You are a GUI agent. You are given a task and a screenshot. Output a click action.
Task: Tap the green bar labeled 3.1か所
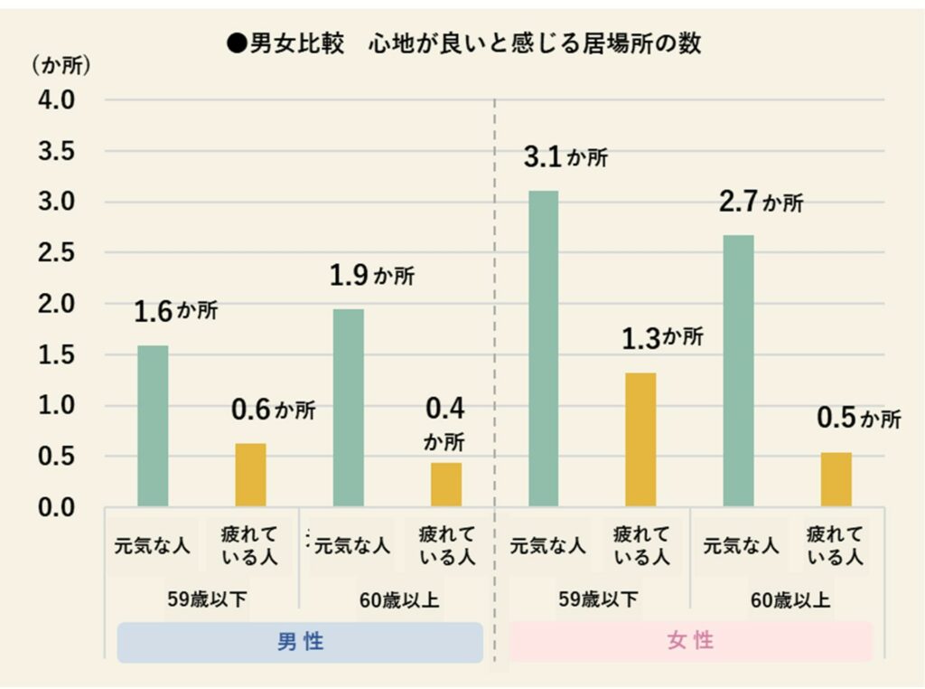(544, 348)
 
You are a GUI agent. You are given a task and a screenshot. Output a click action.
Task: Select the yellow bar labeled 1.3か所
(641, 439)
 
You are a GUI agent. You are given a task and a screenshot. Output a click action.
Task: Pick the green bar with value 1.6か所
(153, 426)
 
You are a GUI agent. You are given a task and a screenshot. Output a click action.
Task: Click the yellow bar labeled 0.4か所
(446, 485)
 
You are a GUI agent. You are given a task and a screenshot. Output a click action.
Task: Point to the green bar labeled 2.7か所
(739, 371)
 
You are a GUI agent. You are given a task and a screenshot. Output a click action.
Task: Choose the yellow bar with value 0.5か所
(836, 479)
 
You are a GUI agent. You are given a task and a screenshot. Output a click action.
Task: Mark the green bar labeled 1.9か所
(349, 408)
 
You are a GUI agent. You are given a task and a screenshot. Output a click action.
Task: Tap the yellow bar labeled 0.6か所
(250, 475)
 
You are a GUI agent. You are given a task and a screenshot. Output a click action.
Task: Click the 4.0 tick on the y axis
(55, 99)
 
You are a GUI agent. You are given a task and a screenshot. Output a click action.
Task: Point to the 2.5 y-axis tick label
(55, 252)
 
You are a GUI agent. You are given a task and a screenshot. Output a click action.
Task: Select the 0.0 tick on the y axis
(55, 507)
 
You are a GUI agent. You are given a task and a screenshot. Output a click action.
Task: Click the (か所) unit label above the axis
(61, 66)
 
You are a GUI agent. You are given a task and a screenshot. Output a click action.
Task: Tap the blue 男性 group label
(300, 642)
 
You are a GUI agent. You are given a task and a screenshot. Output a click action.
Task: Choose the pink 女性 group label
(691, 641)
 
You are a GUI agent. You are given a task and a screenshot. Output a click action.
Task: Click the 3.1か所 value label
(565, 157)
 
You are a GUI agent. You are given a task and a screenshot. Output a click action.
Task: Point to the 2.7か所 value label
(761, 202)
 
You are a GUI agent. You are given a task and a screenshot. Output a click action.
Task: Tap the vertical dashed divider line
(495, 362)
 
